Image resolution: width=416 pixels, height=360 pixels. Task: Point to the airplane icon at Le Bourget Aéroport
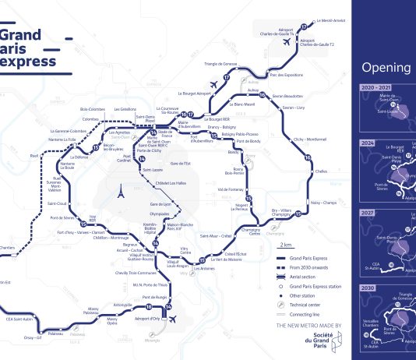click(213, 85)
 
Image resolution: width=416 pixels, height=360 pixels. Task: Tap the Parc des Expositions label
click(284, 75)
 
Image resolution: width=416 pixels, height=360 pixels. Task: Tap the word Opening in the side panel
click(386, 66)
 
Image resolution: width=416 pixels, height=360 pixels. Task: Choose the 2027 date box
click(368, 213)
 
